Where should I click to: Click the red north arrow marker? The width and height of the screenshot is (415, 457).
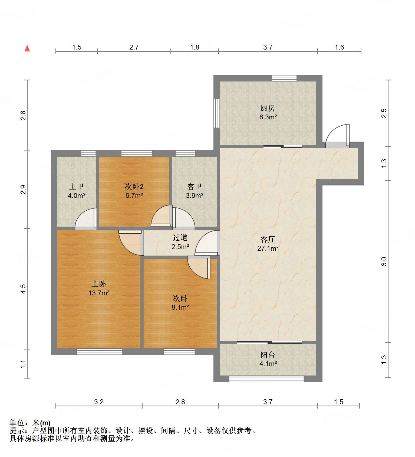(27, 48)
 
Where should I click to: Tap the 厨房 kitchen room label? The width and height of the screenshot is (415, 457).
(268, 108)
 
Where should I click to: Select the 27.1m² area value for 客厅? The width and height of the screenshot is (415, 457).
(268, 248)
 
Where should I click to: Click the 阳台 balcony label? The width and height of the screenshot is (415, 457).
(268, 355)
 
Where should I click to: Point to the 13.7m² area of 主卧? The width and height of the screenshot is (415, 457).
(99, 293)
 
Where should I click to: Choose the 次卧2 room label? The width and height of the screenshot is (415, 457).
(134, 187)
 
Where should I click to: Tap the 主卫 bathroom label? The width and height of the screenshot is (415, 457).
(77, 187)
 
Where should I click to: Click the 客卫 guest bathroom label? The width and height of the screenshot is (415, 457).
(194, 187)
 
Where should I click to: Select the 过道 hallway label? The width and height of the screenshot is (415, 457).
(180, 237)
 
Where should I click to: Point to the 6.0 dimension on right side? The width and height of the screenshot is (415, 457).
(384, 262)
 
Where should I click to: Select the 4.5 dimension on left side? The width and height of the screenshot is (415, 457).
(23, 289)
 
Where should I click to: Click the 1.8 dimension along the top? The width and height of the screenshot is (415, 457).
(195, 47)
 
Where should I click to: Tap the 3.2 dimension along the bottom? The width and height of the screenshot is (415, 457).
(99, 402)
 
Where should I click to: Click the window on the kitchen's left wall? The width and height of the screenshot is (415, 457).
(216, 113)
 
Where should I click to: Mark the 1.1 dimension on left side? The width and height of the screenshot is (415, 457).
(23, 364)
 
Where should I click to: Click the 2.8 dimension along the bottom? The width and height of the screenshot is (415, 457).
(180, 402)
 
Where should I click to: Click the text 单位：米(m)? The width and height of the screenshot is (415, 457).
(30, 423)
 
